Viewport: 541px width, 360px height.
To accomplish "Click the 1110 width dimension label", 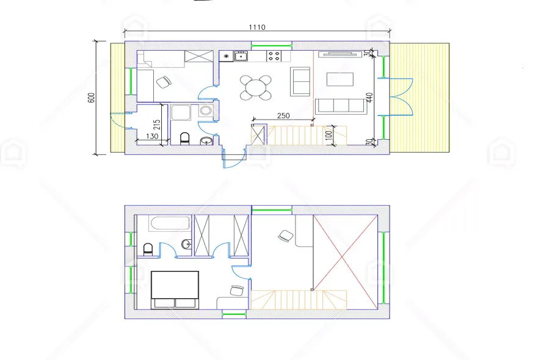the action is click(x=257, y=27).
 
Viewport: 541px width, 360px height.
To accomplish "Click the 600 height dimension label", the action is click(x=92, y=98).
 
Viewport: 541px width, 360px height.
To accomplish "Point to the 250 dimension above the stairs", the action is click(x=283, y=115).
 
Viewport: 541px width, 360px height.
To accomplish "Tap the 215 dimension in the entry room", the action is click(x=157, y=124).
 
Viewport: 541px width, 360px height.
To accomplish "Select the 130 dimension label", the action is click(x=152, y=136).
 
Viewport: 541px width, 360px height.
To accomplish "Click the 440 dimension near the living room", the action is click(x=369, y=98).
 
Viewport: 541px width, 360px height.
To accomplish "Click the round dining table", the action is click(x=256, y=88).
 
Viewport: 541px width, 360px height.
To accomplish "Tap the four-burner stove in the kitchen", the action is click(x=274, y=56).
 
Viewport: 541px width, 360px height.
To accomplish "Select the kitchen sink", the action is click(x=241, y=56).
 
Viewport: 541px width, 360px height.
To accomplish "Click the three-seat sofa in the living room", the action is click(x=340, y=106).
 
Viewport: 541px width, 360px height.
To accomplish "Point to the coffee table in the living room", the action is click(x=340, y=79).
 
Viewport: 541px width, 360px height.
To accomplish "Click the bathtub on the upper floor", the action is click(x=170, y=223).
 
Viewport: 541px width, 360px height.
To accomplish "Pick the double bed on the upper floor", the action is click(x=175, y=290).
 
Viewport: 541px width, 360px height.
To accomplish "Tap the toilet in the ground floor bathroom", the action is click(x=185, y=139).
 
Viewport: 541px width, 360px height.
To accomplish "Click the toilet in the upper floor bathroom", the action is click(x=148, y=249).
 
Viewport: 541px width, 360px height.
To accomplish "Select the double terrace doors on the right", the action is click(x=401, y=96).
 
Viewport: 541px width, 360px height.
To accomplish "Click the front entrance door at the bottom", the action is click(x=234, y=159).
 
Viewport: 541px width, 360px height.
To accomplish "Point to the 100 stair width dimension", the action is click(x=329, y=134).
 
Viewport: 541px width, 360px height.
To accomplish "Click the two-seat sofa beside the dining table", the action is click(x=300, y=81).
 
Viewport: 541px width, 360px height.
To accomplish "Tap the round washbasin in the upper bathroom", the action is click(x=186, y=244).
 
